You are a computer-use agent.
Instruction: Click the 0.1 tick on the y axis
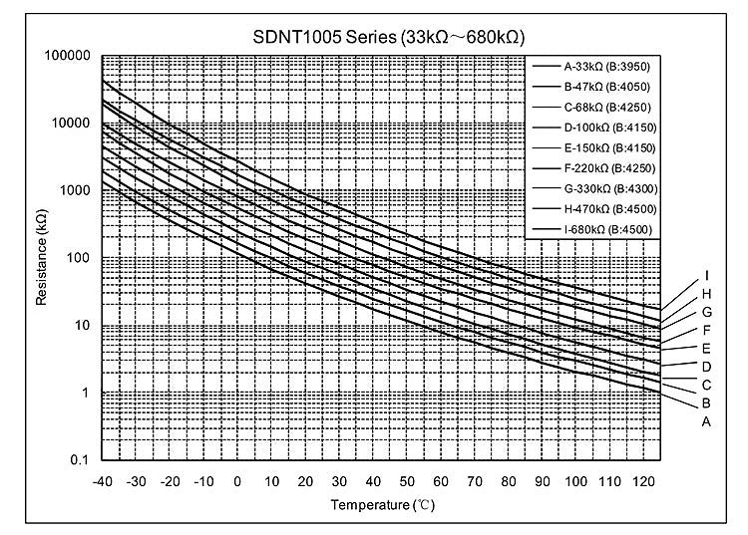tap(81, 461)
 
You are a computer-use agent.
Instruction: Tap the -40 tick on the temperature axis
tap(101, 481)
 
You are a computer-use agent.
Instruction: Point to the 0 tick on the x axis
tap(237, 481)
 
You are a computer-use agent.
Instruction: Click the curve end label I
tap(706, 275)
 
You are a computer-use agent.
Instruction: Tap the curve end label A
tap(705, 421)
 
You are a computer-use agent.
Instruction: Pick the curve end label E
tap(705, 348)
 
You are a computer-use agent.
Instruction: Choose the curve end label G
tap(705, 312)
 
